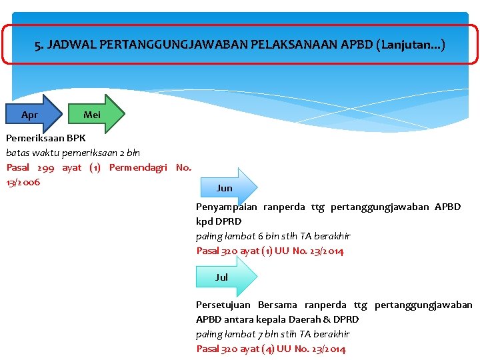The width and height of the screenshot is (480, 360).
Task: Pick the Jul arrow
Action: point(225,277)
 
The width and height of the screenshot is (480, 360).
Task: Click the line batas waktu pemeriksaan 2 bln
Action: point(73,153)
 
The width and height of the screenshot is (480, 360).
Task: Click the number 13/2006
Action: point(23,182)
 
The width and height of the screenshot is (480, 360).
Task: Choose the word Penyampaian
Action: point(226,207)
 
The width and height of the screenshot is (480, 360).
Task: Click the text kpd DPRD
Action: point(219,221)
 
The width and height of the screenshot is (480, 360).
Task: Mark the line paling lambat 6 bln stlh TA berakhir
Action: point(273,236)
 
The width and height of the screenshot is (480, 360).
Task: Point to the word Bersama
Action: point(277,305)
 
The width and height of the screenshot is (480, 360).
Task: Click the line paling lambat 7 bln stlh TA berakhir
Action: point(273,334)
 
